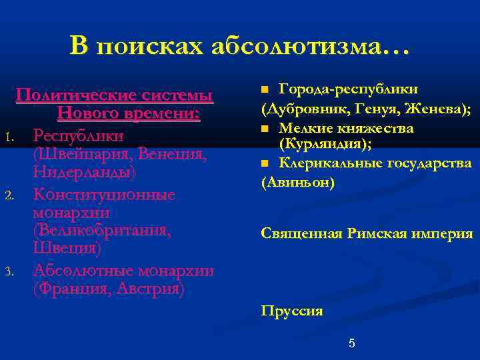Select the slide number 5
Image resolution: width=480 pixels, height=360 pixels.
pos(352,343)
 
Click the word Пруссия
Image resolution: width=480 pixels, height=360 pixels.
pos(292,310)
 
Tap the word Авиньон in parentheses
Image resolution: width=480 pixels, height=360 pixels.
pos(297,182)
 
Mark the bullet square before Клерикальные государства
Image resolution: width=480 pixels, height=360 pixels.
pos(265,163)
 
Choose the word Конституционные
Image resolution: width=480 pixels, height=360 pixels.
pos(104,194)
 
